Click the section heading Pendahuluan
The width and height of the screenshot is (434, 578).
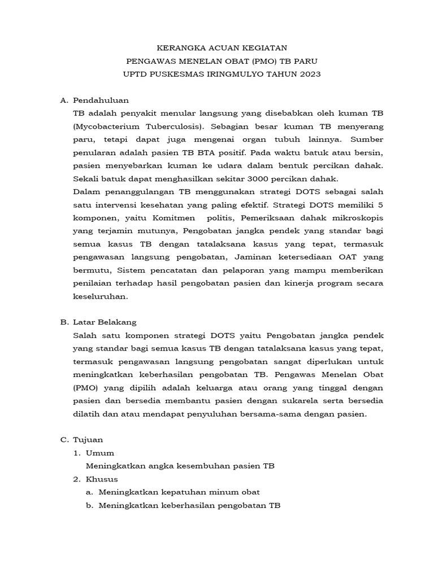pyautogui.click(x=101, y=100)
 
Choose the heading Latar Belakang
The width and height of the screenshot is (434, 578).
pyautogui.click(x=105, y=322)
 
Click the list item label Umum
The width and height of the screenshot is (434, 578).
pyautogui.click(x=101, y=453)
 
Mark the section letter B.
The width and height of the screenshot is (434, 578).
pyautogui.click(x=64, y=322)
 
